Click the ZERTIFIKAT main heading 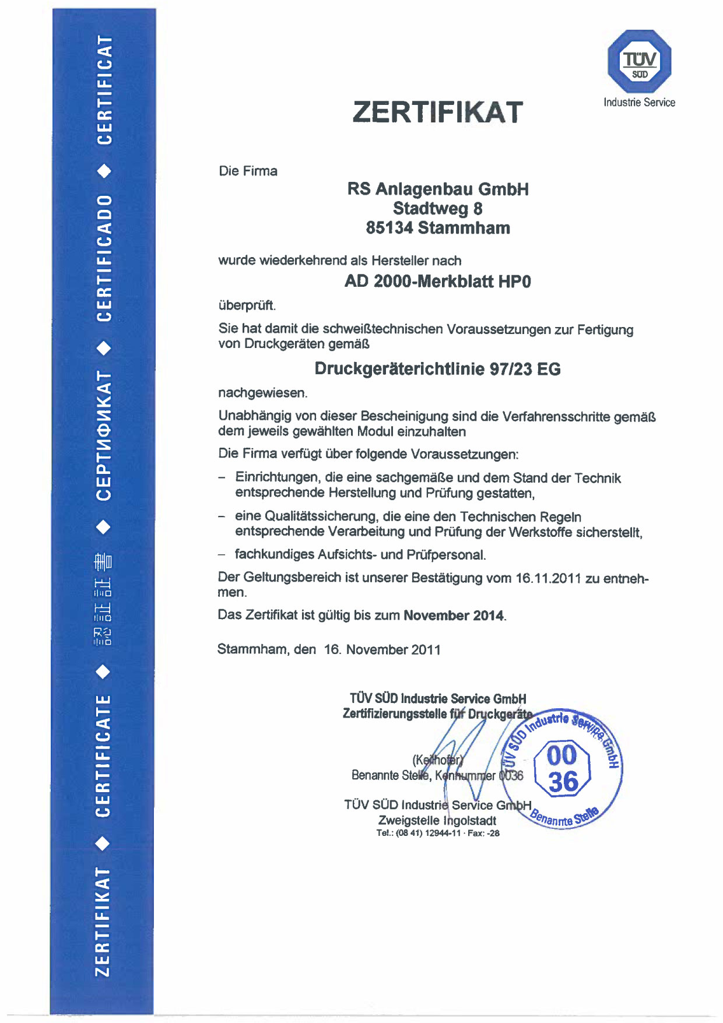click(437, 112)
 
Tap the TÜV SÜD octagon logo click(639, 61)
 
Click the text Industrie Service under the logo click(639, 103)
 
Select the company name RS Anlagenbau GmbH click(438, 189)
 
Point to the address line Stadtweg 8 click(437, 209)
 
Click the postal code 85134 click(389, 228)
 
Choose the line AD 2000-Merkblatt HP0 click(437, 282)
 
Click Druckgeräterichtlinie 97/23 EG click(437, 369)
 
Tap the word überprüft click(247, 305)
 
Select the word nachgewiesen click(262, 393)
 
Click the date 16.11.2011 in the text click(548, 578)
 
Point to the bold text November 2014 click(454, 616)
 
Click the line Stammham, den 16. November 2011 click(329, 649)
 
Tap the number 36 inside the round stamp click(563, 782)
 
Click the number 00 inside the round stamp click(562, 755)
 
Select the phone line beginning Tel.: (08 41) click(437, 834)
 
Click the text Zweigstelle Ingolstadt click(437, 820)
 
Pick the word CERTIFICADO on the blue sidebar click(104, 258)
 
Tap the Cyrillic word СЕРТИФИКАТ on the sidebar click(104, 435)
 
